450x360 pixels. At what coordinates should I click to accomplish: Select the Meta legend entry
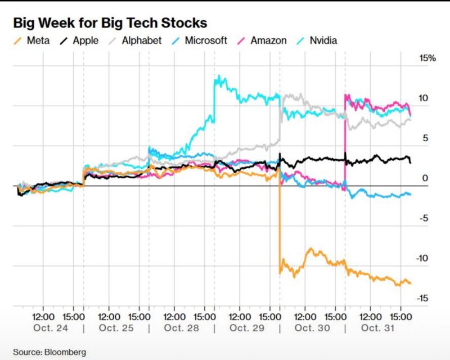34,40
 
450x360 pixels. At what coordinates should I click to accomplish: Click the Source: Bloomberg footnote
49,352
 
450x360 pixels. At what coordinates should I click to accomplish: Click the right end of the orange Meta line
411,283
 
